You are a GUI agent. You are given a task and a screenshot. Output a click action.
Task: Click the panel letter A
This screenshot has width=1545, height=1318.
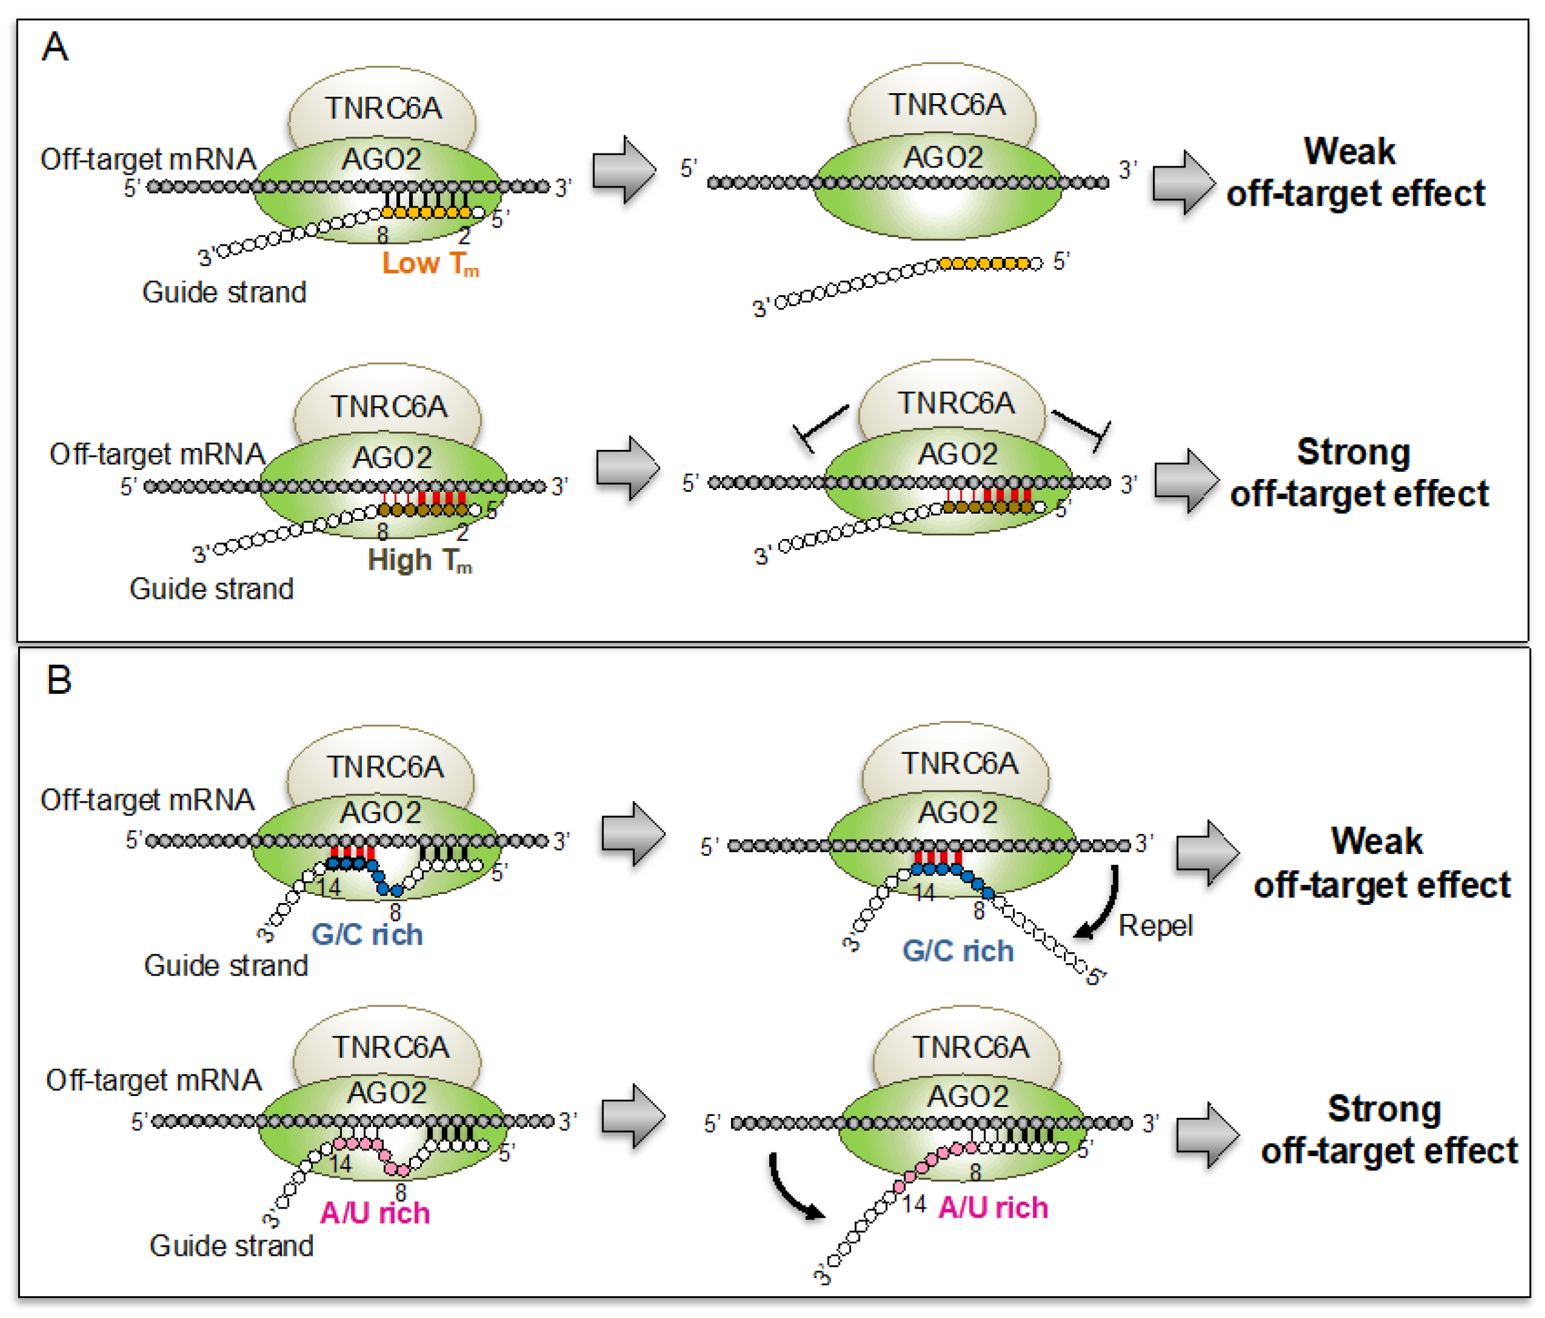coord(55,48)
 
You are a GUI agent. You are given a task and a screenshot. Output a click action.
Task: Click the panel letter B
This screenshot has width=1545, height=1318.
coord(58,680)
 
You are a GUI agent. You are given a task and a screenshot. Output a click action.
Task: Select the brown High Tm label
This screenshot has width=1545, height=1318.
coord(419,561)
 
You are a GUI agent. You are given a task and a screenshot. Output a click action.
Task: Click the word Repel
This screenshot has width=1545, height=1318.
coord(1155,926)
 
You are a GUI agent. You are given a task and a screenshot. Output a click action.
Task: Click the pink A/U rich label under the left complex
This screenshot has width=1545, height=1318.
coord(375,1213)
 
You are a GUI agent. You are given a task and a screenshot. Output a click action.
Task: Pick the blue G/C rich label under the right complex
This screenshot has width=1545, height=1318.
coord(957,951)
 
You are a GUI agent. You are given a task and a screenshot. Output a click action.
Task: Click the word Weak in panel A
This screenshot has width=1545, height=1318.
coord(1349,151)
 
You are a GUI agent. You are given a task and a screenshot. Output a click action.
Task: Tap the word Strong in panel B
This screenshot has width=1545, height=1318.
coord(1384,1109)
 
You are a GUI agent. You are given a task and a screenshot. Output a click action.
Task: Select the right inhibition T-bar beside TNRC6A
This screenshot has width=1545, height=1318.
coord(1083,427)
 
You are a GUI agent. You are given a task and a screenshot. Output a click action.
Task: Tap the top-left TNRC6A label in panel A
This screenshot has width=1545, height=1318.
coord(383,109)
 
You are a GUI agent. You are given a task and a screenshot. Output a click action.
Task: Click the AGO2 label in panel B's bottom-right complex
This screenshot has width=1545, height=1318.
coord(968,1097)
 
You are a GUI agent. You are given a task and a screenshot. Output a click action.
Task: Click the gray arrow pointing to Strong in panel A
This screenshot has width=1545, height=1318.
coord(1186,481)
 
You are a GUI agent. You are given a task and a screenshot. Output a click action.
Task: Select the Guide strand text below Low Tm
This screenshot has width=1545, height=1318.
coord(224,292)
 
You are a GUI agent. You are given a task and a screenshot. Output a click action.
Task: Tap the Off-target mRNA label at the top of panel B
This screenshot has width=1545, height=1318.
coord(148,800)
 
